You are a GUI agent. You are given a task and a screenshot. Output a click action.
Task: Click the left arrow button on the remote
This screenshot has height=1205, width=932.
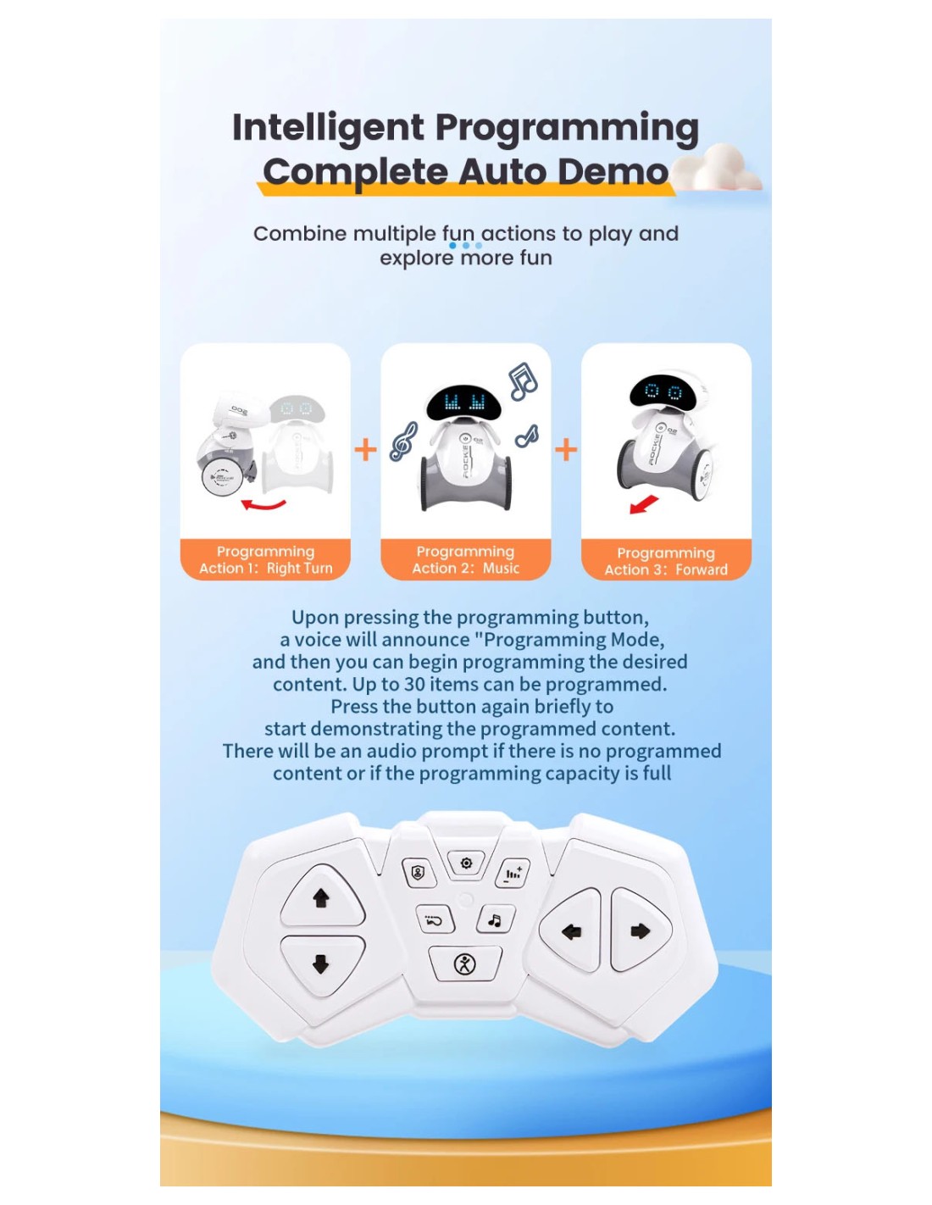coord(571,931)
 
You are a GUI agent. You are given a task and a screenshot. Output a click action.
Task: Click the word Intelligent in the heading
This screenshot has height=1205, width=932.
coord(328,128)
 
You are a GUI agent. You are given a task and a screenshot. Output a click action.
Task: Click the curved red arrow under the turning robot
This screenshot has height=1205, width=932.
coord(264,505)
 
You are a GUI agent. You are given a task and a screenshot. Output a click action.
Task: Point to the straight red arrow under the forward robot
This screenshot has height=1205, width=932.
coord(644,504)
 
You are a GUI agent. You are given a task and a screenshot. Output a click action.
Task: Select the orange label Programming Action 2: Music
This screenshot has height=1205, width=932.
coord(465,559)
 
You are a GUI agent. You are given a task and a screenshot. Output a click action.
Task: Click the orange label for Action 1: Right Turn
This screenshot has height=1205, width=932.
coord(265,559)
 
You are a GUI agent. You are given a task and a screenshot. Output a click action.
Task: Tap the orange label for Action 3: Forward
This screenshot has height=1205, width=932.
coord(666,560)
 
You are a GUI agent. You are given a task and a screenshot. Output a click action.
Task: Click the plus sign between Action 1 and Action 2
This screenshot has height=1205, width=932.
coord(365,449)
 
